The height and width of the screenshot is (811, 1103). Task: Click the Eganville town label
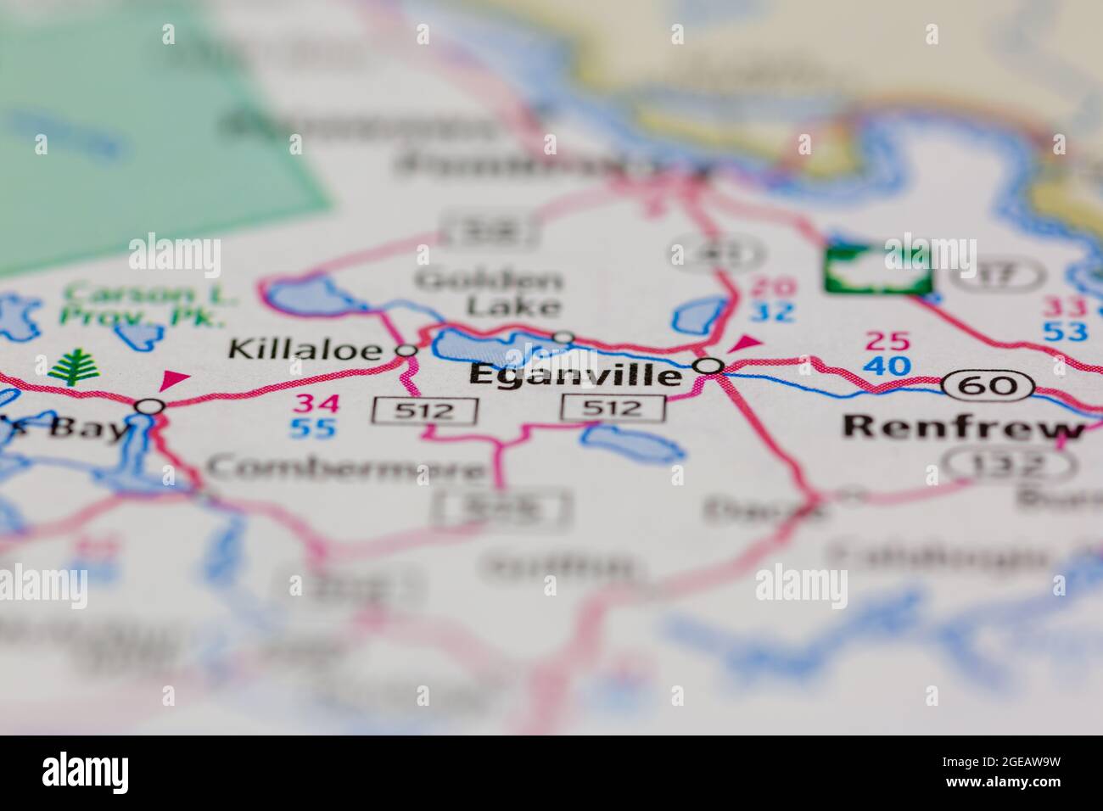(x=575, y=375)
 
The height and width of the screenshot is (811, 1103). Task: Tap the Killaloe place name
(x=311, y=349)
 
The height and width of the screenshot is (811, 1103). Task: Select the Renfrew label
(x=964, y=427)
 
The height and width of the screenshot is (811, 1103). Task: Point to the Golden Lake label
(x=490, y=293)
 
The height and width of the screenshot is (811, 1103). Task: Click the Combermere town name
(x=346, y=467)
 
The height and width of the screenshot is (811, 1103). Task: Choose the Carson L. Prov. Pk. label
(x=145, y=306)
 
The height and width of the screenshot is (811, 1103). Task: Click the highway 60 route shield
(x=989, y=385)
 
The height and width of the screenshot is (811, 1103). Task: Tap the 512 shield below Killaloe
(x=425, y=411)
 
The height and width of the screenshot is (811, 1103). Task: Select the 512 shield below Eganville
(x=613, y=408)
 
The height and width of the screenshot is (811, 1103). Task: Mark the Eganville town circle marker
(x=709, y=366)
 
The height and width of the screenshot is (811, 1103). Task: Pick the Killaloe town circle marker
(x=408, y=350)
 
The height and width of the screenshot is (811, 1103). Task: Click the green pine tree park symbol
(x=75, y=366)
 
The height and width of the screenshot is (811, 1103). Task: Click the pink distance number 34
(x=313, y=403)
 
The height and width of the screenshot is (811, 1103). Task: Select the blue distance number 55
(x=313, y=428)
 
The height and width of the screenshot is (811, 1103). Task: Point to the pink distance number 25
(x=887, y=342)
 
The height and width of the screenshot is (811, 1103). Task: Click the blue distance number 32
(x=772, y=312)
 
